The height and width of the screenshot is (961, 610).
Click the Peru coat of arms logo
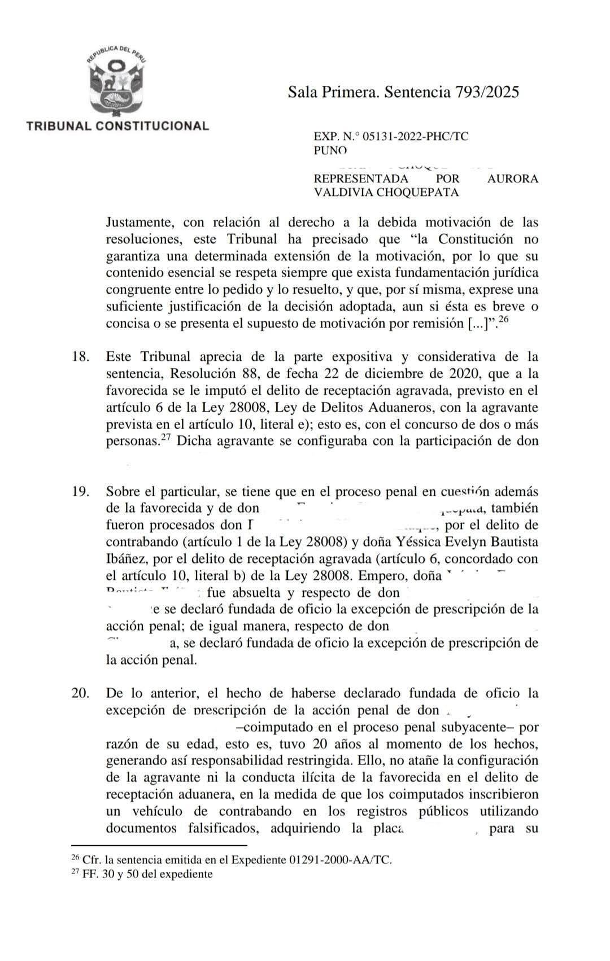coord(116,80)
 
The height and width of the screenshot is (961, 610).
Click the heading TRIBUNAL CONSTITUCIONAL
coord(117,125)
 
